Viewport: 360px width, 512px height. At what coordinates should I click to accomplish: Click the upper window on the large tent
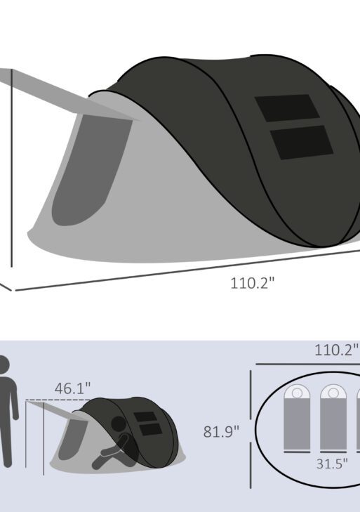click(x=286, y=107)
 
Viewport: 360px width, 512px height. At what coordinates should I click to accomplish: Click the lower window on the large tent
click(x=301, y=142)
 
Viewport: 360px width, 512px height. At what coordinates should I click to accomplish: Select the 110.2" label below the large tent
click(x=253, y=283)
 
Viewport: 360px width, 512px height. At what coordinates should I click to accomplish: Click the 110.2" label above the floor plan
click(x=336, y=350)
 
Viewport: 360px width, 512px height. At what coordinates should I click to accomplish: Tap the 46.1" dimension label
click(x=72, y=388)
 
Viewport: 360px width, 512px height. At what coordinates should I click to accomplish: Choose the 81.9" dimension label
click(x=221, y=431)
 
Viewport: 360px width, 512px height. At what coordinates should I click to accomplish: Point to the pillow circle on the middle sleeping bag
click(x=333, y=393)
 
